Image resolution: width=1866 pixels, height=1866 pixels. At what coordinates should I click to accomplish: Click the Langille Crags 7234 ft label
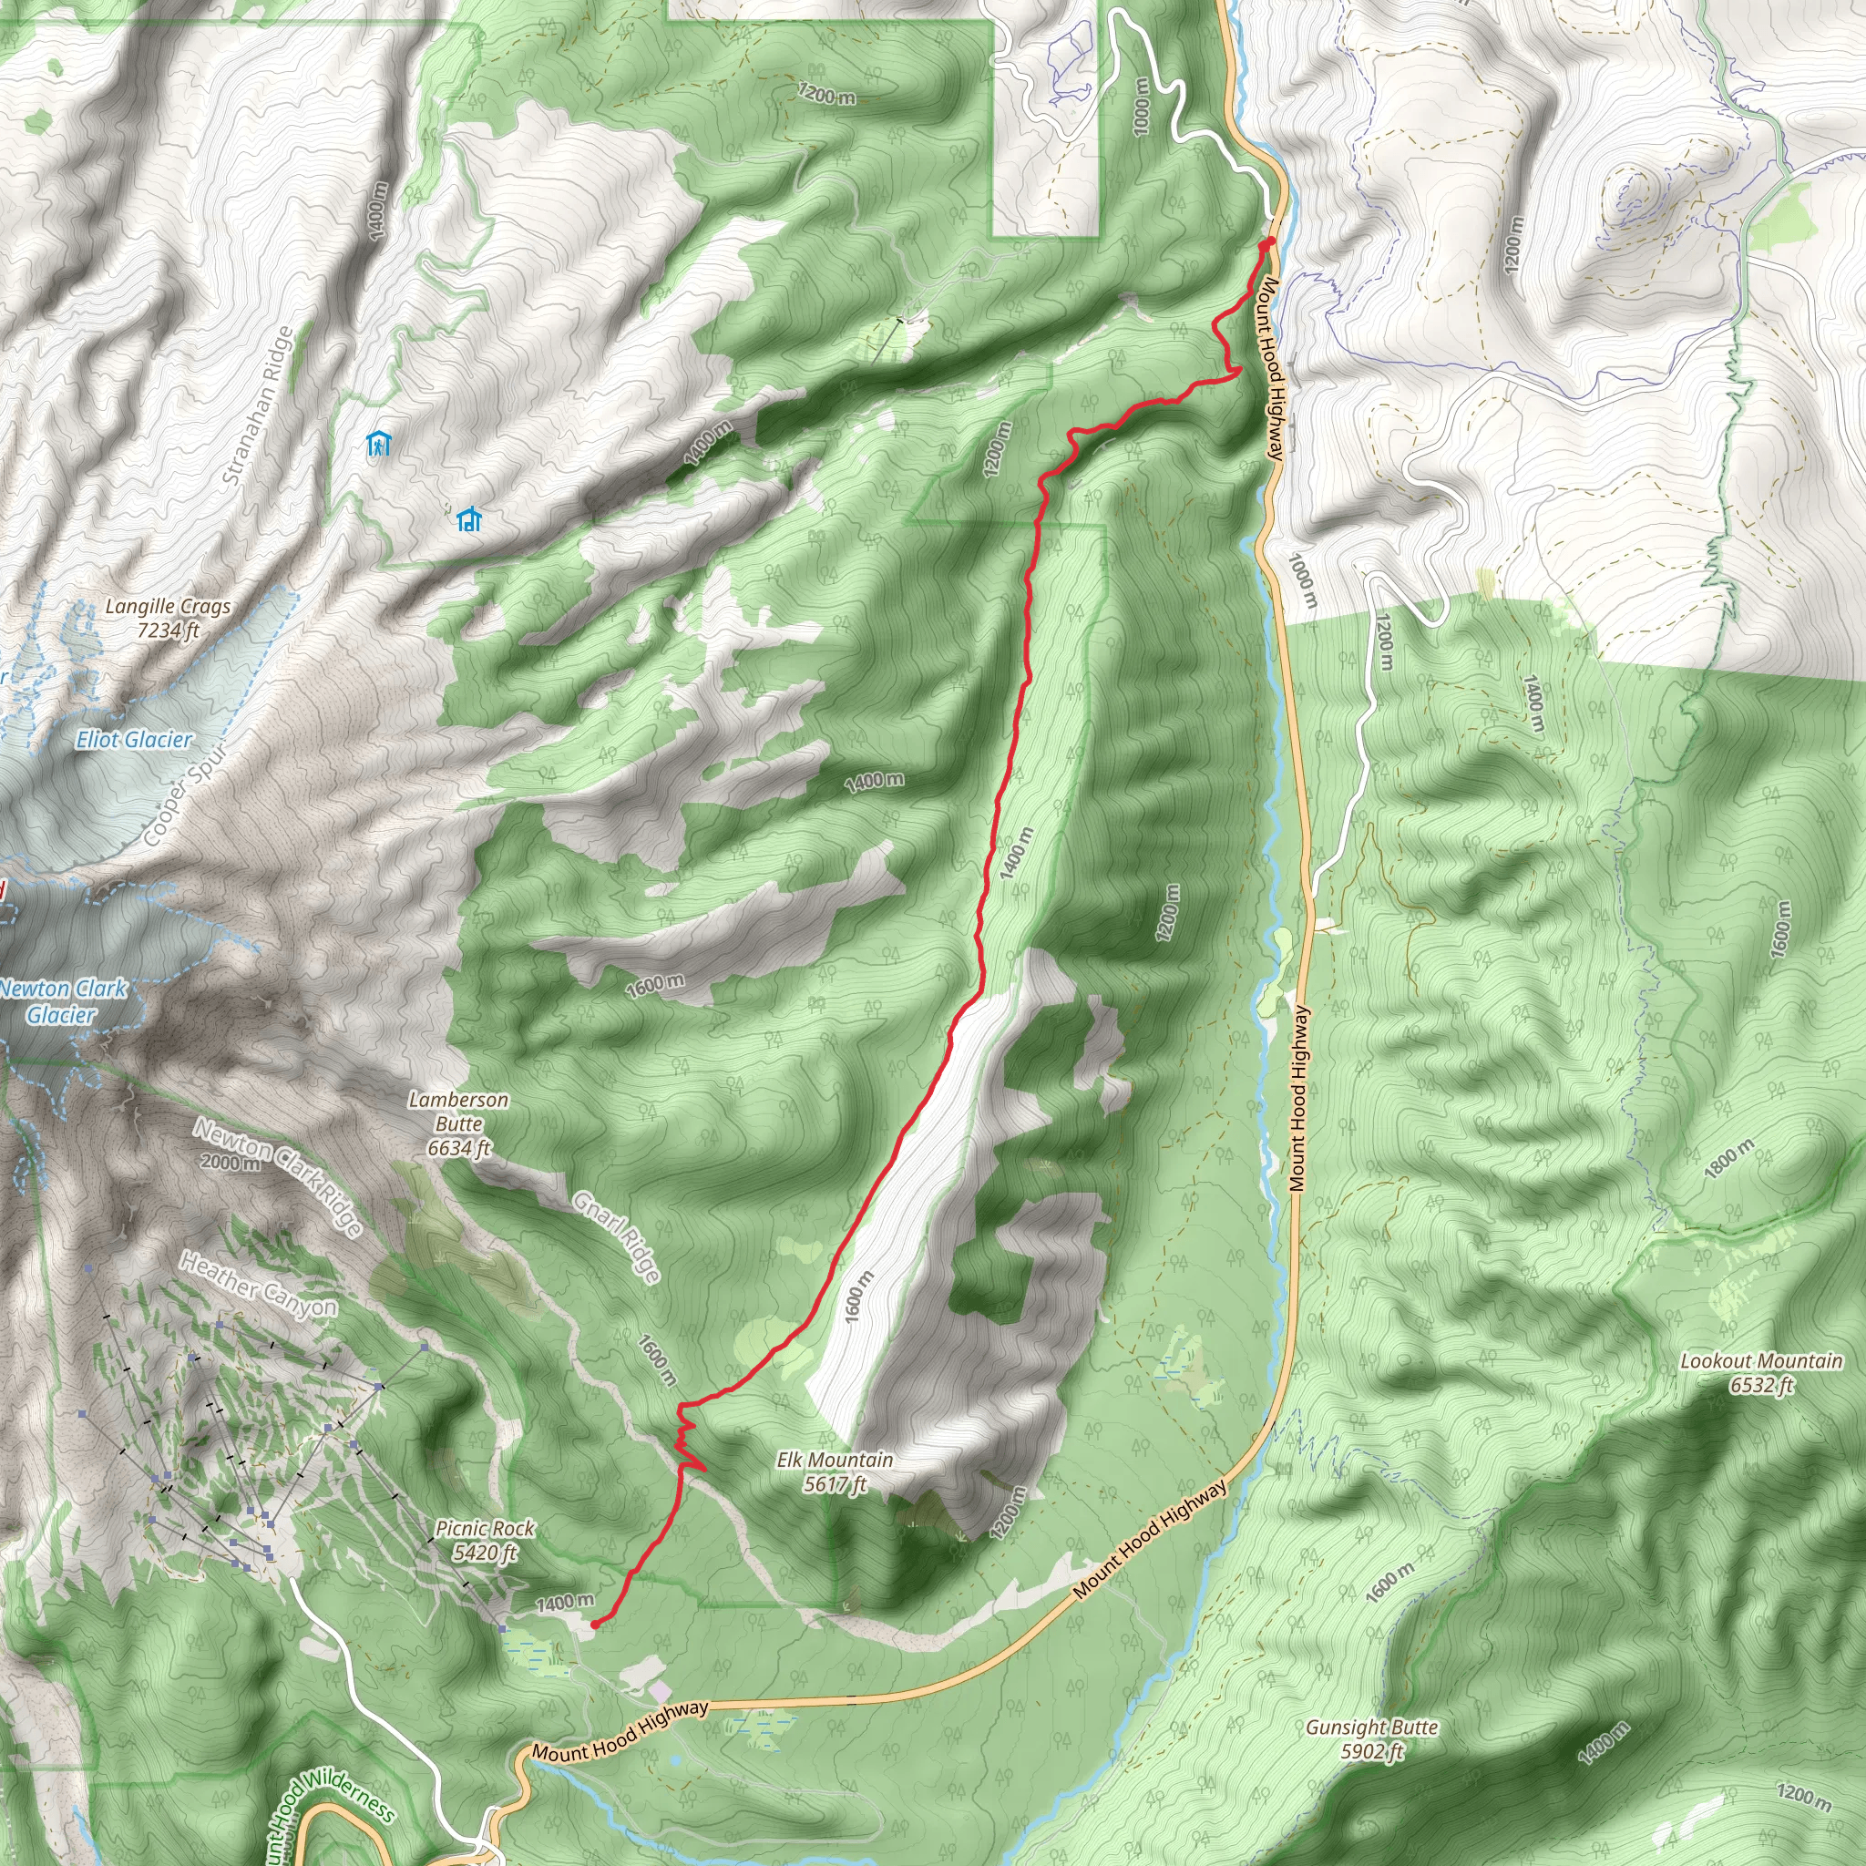168,618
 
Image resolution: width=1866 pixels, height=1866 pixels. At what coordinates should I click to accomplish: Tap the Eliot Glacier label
134,740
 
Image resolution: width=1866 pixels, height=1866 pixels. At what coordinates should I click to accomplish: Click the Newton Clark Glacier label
63,1001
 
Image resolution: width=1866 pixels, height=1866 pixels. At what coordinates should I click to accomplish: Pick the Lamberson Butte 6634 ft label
459,1123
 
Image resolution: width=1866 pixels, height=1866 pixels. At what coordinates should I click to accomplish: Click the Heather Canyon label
259,1284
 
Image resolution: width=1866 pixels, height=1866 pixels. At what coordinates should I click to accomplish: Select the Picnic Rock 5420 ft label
485,1540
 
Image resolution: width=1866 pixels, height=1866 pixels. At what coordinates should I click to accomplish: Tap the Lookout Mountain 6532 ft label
1760,1372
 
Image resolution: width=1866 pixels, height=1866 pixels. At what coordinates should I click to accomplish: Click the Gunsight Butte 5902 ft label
1371,1738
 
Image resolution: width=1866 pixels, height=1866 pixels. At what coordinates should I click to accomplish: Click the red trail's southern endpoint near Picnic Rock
593,1625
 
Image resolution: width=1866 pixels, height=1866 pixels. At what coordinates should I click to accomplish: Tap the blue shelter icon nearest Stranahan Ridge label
379,444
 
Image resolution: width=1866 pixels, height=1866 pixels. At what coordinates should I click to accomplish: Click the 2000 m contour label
231,1162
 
